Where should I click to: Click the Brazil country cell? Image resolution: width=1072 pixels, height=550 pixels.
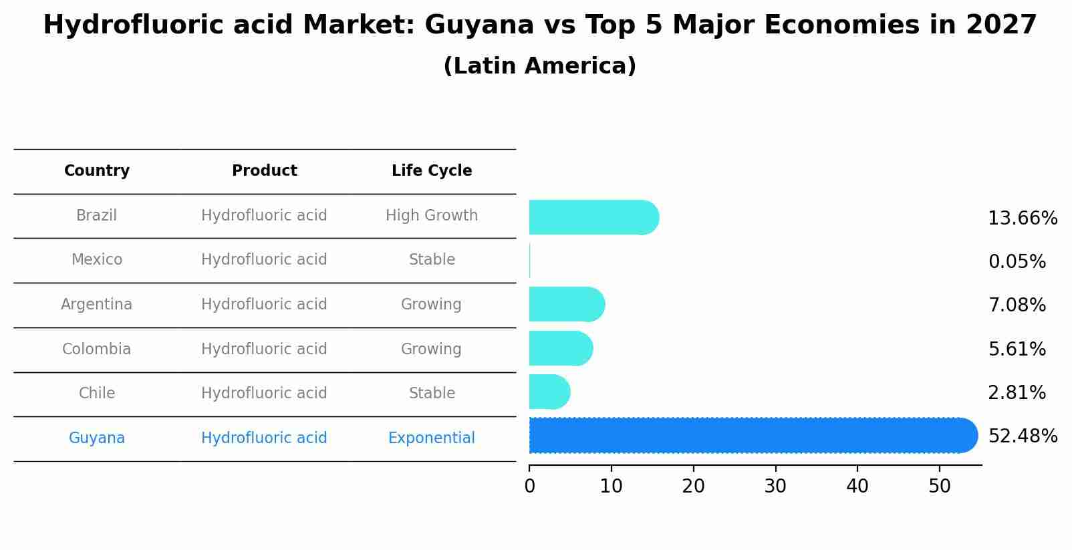(96, 215)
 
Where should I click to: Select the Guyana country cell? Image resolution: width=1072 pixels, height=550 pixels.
(96, 438)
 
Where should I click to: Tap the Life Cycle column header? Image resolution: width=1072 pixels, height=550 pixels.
(431, 170)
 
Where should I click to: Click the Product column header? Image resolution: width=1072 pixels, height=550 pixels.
(264, 170)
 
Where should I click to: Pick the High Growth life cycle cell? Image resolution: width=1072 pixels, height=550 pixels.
(431, 215)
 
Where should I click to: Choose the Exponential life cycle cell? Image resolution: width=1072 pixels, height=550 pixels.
(431, 438)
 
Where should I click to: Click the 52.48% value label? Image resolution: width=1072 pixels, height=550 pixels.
(1023, 436)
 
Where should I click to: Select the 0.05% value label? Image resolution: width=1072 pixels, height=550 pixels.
(1017, 262)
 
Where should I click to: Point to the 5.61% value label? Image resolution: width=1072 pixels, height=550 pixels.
(1017, 349)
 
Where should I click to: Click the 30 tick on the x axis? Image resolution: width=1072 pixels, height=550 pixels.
(775, 487)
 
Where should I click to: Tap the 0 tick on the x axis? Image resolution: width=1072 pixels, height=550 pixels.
(529, 487)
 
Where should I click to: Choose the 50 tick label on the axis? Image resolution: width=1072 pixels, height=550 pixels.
(939, 487)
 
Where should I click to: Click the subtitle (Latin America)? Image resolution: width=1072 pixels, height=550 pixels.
(539, 66)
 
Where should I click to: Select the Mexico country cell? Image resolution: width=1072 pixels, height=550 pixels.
(96, 259)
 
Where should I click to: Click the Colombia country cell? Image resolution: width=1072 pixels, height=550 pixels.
(96, 349)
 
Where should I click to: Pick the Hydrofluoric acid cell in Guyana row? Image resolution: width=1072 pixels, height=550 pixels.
(264, 438)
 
